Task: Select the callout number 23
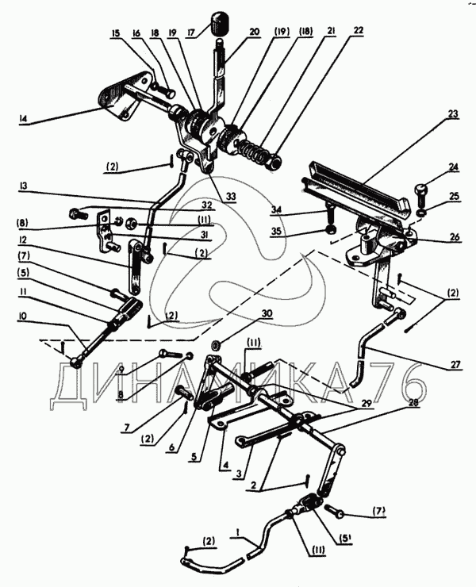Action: click(453, 113)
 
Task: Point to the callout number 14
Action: click(23, 119)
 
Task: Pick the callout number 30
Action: click(267, 313)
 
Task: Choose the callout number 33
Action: click(231, 196)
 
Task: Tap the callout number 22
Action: click(358, 31)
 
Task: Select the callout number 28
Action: click(413, 402)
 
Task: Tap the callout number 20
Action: click(254, 33)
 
